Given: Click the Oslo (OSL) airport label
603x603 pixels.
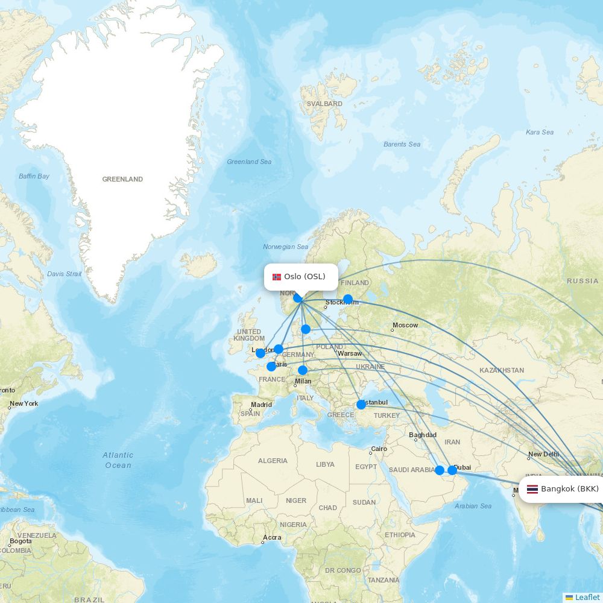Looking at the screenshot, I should [305, 277].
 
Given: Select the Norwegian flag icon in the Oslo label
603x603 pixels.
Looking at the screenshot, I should [277, 277].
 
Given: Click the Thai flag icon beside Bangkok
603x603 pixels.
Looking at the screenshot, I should [532, 489].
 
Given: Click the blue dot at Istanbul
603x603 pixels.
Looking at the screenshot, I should [361, 405].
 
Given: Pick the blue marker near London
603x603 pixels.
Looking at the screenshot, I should [260, 353].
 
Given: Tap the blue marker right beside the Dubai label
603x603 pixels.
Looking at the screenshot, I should [452, 470].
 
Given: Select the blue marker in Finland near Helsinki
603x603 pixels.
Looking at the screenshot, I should [348, 299].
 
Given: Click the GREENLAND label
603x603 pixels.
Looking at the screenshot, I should [122, 179].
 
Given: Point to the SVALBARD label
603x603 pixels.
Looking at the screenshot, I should [324, 104].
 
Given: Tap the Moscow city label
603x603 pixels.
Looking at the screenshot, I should [405, 326].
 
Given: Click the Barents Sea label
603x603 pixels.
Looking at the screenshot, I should [402, 144].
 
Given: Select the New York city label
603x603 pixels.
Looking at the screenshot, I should [24, 403].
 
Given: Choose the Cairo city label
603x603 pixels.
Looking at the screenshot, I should [379, 449].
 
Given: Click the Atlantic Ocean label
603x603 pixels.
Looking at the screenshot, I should [118, 460].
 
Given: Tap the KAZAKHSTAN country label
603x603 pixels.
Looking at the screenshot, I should [502, 370].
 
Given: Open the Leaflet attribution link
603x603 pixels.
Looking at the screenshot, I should [587, 597].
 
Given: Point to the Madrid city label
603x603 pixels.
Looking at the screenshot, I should [261, 405].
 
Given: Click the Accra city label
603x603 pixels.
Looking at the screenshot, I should [272, 538].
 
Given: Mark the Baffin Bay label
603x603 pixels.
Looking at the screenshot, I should [34, 176].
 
